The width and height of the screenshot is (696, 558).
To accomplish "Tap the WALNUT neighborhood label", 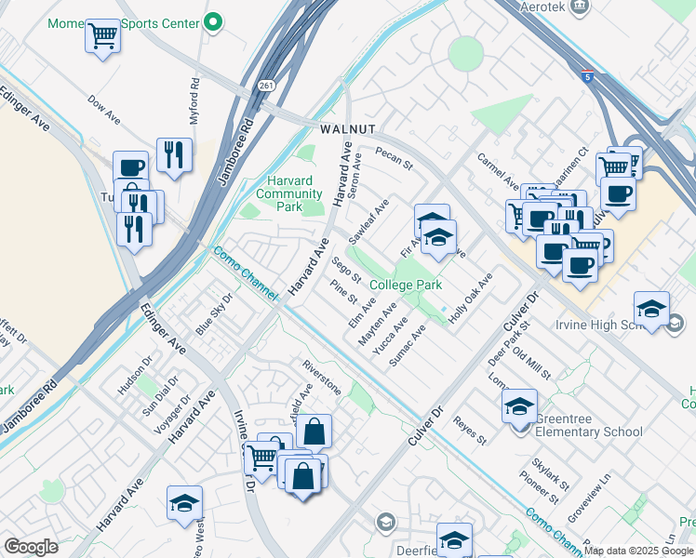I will coord(347,128).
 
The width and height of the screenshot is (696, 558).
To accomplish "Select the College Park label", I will coord(405,286).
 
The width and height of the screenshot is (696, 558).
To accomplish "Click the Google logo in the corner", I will coord(31,547).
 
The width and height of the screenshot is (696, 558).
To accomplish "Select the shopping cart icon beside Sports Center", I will coord(102,37).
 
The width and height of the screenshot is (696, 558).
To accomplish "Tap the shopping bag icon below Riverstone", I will coord(315,432).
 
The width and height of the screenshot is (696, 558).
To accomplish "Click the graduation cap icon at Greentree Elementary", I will coord(519,405).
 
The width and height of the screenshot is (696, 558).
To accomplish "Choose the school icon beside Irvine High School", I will coord(650,310).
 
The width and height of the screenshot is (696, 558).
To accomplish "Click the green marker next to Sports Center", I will coord(213,20).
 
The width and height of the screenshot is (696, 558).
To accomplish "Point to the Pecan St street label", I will coord(394,158).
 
